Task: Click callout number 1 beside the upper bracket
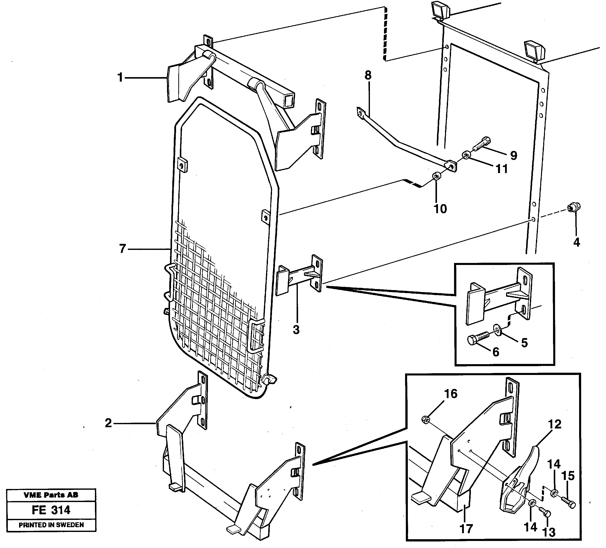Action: point(120,78)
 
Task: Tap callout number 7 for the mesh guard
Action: point(122,249)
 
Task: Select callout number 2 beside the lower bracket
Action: point(108,423)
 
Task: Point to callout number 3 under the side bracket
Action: point(296,330)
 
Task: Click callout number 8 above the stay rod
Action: point(368,75)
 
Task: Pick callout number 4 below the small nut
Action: point(576,242)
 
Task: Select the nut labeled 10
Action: point(436,176)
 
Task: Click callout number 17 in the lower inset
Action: point(466,529)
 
